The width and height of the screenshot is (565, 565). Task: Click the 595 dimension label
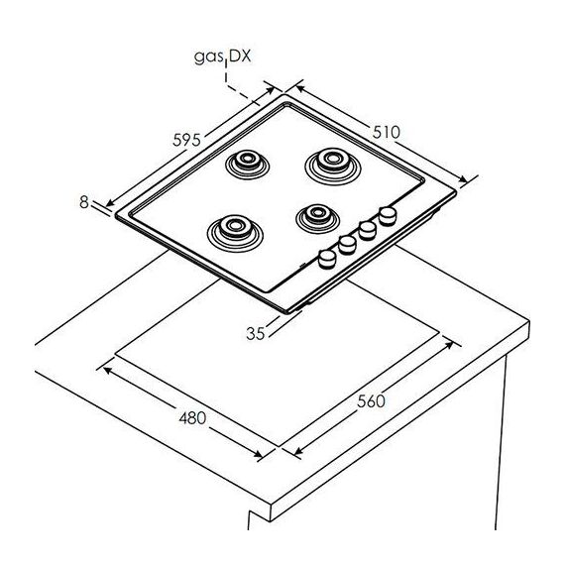(186, 140)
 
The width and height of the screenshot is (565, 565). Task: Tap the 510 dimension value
(386, 132)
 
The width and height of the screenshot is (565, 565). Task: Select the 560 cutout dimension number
(371, 401)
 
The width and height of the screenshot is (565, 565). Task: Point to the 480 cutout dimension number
(192, 418)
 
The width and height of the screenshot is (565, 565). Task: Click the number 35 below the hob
(256, 333)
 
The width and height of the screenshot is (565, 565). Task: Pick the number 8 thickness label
(84, 202)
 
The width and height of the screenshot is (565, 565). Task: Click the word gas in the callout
(208, 57)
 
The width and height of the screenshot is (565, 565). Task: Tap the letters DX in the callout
(239, 56)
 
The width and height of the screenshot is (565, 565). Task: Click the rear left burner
(247, 165)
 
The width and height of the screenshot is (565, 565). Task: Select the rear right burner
(333, 167)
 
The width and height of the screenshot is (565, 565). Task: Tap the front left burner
(235, 233)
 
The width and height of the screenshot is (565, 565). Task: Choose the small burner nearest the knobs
(317, 218)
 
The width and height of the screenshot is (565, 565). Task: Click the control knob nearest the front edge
(327, 260)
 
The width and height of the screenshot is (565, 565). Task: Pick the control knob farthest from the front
(388, 216)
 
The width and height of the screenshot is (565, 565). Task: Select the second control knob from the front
(347, 245)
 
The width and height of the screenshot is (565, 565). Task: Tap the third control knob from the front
(368, 231)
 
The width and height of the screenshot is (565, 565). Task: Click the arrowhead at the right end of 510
(463, 178)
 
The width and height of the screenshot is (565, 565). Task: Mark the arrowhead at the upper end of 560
(449, 345)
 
